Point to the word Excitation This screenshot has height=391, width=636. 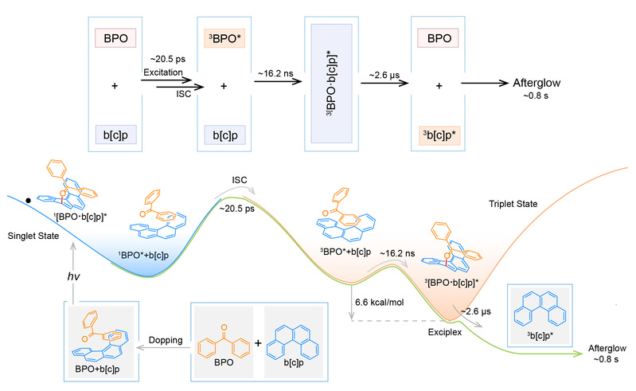pyautogui.click(x=163, y=73)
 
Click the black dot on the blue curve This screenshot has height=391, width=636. pyautogui.click(x=29, y=200)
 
